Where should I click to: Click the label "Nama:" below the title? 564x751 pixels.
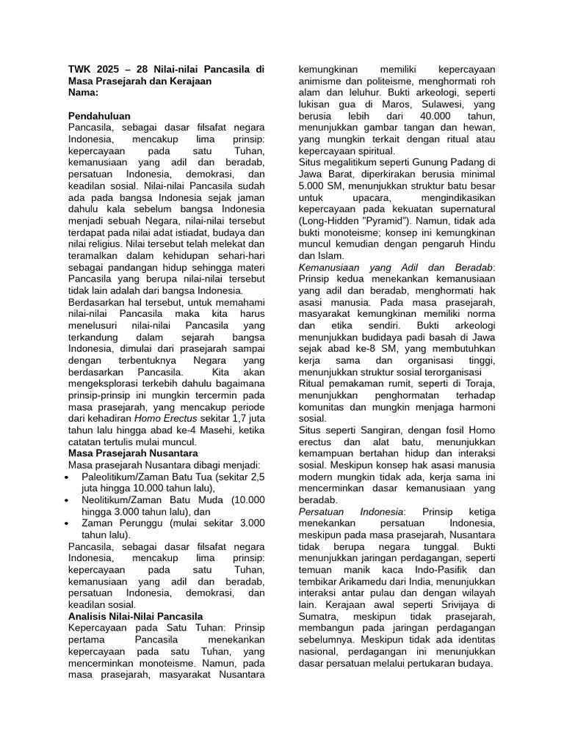click(x=83, y=93)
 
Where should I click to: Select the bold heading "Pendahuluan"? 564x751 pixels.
click(x=99, y=117)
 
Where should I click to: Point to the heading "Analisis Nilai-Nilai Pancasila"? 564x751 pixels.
click(x=135, y=616)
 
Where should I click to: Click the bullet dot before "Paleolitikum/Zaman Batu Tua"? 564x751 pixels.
click(x=68, y=477)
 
